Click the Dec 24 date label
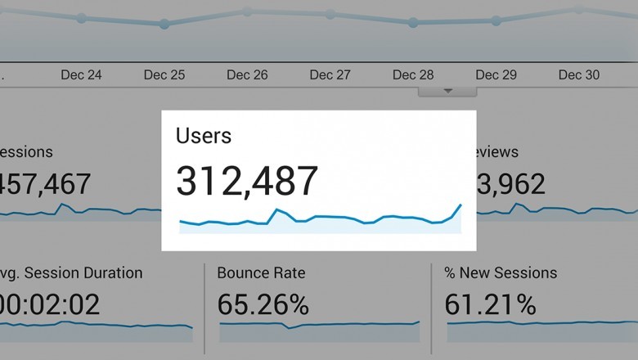pyautogui.click(x=81, y=75)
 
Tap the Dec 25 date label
pyautogui.click(x=164, y=75)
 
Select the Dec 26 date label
pyautogui.click(x=247, y=75)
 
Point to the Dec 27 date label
pyautogui.click(x=330, y=75)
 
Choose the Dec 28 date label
pyautogui.click(x=413, y=75)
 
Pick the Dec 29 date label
pyautogui.click(x=496, y=75)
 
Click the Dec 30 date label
pyautogui.click(x=579, y=75)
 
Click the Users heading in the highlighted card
pyautogui.click(x=204, y=136)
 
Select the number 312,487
pyautogui.click(x=247, y=181)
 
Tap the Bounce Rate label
pyautogui.click(x=260, y=273)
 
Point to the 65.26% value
pyautogui.click(x=263, y=306)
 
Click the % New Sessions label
pyautogui.click(x=500, y=273)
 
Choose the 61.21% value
pyautogui.click(x=491, y=306)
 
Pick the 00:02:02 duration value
pyautogui.click(x=50, y=306)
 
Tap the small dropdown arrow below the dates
pyautogui.click(x=447, y=91)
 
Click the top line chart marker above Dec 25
pyautogui.click(x=164, y=25)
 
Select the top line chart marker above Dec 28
pyautogui.click(x=413, y=23)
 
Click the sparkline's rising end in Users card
pyautogui.click(x=461, y=205)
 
